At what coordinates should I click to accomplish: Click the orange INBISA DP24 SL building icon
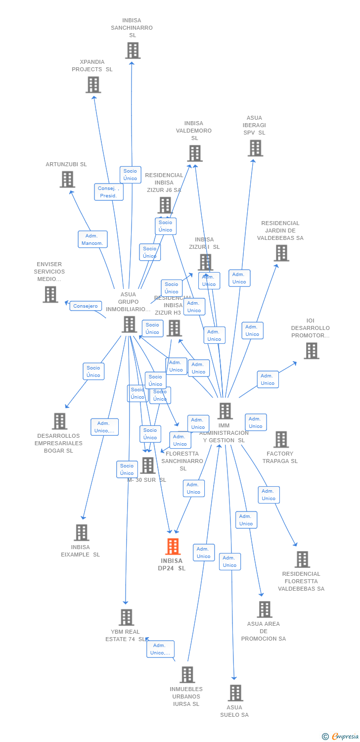[x=173, y=547]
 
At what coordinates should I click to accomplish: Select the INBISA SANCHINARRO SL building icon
[x=133, y=50]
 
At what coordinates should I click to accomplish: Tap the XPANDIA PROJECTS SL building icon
[x=93, y=85]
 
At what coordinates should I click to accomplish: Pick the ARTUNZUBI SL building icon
[x=67, y=179]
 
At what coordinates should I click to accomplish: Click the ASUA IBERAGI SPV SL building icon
[x=255, y=148]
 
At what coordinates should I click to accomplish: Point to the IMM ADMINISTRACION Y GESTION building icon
[x=225, y=411]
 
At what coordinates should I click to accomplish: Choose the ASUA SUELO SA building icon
[x=235, y=693]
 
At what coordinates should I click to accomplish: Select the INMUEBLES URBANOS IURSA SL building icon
[x=187, y=674]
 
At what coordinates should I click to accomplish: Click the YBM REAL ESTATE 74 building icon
[x=126, y=617]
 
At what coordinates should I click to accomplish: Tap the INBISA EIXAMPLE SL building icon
[x=82, y=532]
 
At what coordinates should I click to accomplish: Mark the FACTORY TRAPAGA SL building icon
[x=281, y=439]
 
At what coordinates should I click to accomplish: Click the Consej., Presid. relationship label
[x=109, y=192]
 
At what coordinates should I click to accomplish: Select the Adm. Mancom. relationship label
[x=92, y=239]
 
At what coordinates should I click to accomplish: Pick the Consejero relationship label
[x=86, y=306]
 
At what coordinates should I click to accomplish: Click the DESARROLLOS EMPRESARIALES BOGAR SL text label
[x=58, y=443]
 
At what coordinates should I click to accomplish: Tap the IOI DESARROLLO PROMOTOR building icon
[x=311, y=351]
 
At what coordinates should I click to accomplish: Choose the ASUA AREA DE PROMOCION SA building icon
[x=265, y=609]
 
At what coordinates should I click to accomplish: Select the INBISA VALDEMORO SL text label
[x=194, y=131]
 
